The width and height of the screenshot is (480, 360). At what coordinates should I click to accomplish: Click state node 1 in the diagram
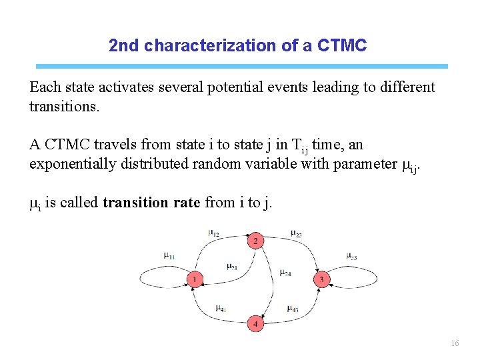click(x=194, y=280)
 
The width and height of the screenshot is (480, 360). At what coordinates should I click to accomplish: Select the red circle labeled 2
click(x=255, y=241)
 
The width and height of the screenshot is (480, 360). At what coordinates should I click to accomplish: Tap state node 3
click(x=322, y=280)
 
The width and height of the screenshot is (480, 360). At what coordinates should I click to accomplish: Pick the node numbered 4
click(x=255, y=324)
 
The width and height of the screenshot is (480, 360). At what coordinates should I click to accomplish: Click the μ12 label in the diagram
click(x=214, y=233)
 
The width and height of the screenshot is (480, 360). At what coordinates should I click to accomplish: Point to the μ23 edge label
click(x=297, y=233)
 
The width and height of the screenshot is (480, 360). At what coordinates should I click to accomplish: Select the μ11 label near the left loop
click(x=169, y=255)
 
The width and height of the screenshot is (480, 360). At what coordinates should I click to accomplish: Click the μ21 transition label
click(x=231, y=267)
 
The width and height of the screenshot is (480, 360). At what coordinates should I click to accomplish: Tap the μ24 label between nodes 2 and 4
click(x=285, y=272)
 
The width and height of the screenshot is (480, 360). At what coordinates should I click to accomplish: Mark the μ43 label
click(x=293, y=308)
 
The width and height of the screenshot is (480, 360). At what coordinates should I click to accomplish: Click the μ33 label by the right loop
click(x=352, y=255)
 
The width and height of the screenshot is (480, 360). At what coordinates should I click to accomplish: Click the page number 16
click(x=455, y=343)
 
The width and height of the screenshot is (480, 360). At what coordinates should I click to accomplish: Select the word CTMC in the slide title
click(x=343, y=46)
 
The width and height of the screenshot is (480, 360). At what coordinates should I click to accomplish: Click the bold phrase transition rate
click(x=151, y=203)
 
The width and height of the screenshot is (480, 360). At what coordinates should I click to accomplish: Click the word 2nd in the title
click(x=125, y=46)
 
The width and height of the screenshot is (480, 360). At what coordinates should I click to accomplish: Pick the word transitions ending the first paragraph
click(x=64, y=107)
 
